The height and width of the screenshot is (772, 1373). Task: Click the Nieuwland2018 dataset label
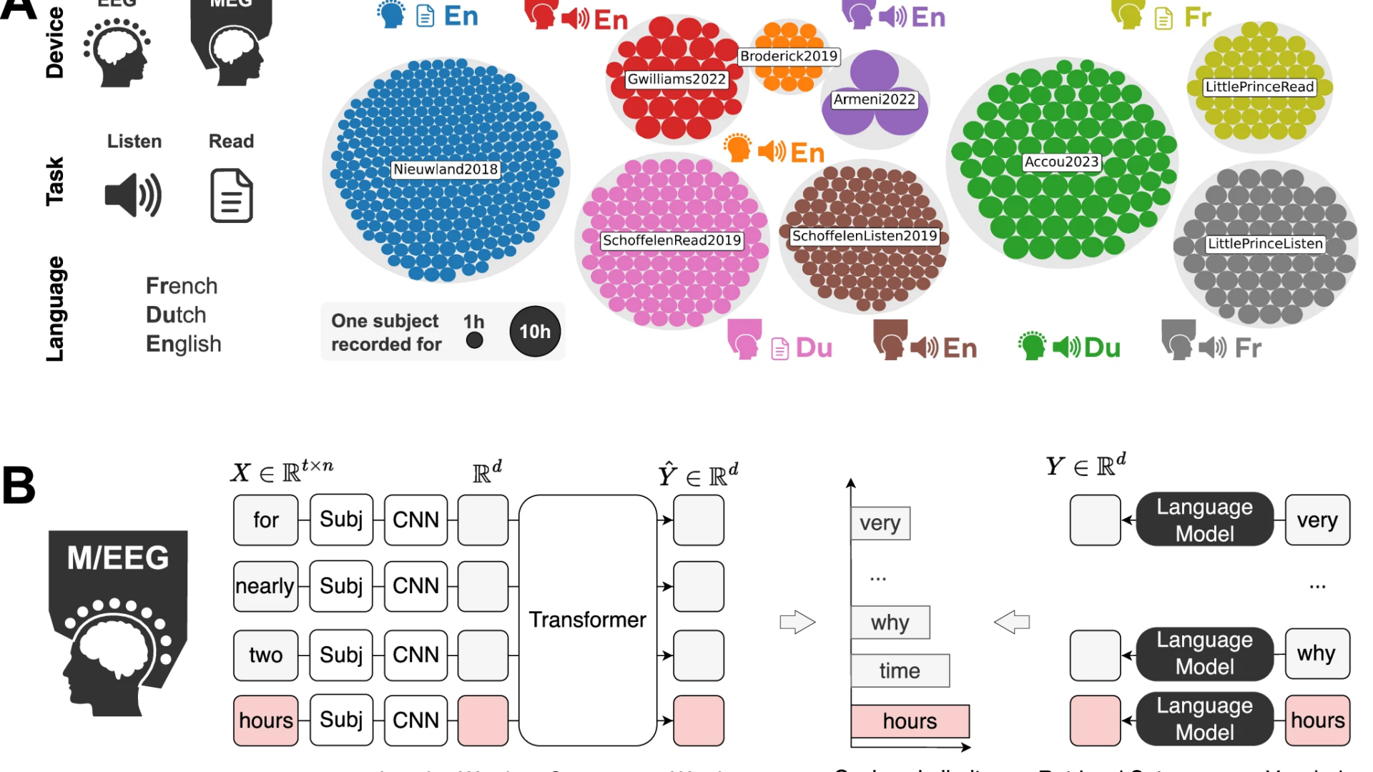[x=445, y=169]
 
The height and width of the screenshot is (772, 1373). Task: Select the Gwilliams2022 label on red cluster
[x=676, y=79]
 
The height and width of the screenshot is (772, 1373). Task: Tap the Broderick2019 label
[x=788, y=56]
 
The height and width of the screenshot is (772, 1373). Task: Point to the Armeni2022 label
[x=874, y=100]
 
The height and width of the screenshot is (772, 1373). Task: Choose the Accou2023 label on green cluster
[x=1061, y=162]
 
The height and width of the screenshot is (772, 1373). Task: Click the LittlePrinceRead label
[x=1259, y=87]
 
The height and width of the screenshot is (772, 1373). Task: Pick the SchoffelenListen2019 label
[x=864, y=236]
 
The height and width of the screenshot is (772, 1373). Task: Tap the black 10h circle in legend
[x=535, y=332]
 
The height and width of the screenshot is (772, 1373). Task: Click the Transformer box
[x=587, y=620]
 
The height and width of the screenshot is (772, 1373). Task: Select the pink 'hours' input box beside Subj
[x=266, y=721]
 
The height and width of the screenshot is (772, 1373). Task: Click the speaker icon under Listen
[x=133, y=195]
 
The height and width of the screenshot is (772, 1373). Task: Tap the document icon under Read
[x=232, y=195]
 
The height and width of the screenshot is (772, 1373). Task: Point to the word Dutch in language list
[x=176, y=315]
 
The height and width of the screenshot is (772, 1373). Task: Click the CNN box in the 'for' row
[x=415, y=520]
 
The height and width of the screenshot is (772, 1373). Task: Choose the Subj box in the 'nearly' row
[x=341, y=586]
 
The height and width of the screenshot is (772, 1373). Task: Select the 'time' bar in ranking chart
[x=900, y=670]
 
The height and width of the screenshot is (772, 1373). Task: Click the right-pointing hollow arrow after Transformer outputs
[x=797, y=622]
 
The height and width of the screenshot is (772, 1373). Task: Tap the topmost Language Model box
[x=1204, y=520]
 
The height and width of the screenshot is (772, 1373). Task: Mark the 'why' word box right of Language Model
[x=1317, y=653]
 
